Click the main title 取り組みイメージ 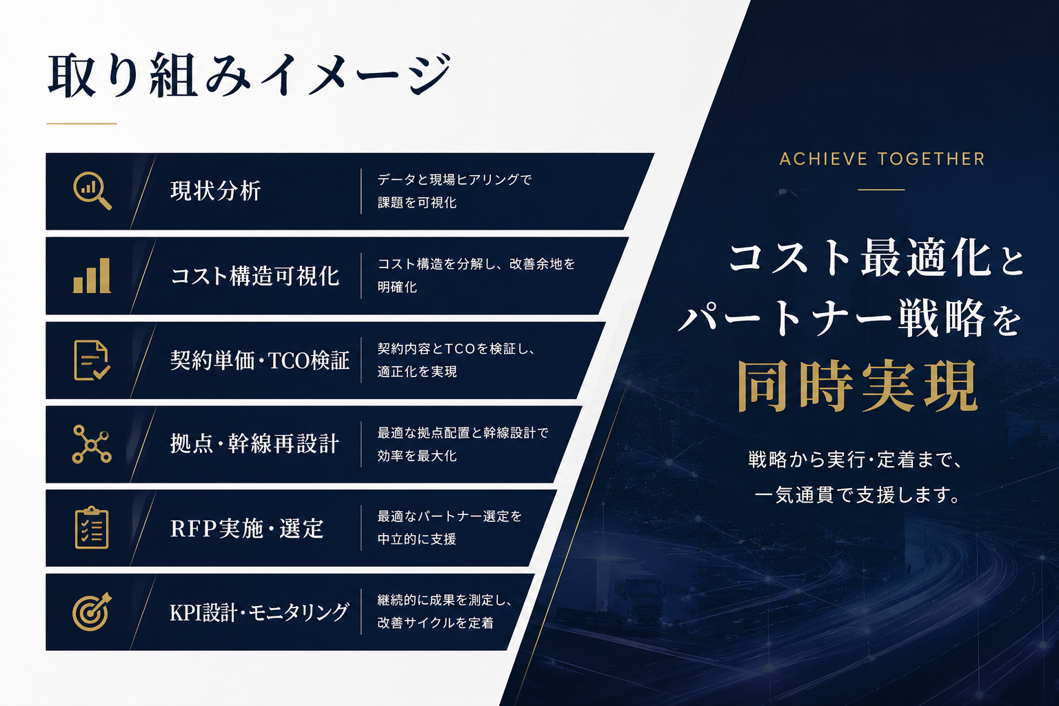(x=250, y=76)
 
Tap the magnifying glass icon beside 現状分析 (x=92, y=190)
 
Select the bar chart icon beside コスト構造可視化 (x=92, y=276)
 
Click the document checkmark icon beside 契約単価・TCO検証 (x=92, y=361)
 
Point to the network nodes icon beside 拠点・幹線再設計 (x=92, y=444)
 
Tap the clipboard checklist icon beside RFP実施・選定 (x=92, y=527)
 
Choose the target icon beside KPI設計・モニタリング (x=92, y=612)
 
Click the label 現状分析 (x=216, y=191)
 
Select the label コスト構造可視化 (x=255, y=276)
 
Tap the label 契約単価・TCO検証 (x=260, y=361)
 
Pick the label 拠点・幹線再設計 (x=255, y=444)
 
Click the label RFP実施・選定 (x=247, y=528)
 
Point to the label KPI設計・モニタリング (x=259, y=612)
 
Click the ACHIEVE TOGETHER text (x=882, y=159)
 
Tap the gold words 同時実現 (x=858, y=386)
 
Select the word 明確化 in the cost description (x=397, y=287)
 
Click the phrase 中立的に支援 (x=416, y=539)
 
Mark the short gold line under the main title (x=81, y=123)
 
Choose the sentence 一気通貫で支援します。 (x=857, y=495)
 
